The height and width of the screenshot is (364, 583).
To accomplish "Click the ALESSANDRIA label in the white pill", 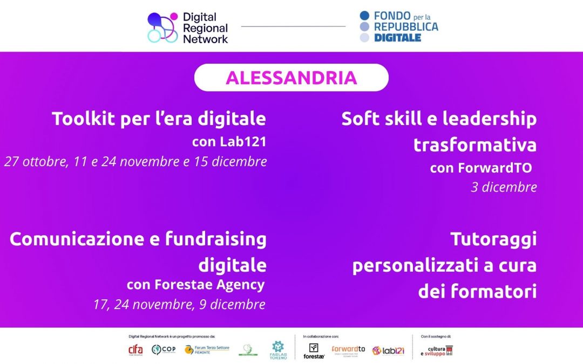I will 291,78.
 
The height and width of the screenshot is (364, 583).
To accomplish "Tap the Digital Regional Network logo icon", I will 162,28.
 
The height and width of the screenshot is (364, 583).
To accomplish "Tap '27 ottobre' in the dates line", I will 33,161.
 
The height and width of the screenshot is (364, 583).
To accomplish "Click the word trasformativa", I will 475,145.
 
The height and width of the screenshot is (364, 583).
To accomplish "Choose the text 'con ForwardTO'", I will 480,168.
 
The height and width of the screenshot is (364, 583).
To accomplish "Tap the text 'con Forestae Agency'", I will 195,284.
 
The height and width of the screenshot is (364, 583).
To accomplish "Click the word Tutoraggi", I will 493,239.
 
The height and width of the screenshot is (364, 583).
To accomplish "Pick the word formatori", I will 498,291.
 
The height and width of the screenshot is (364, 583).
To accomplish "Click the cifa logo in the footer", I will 135,350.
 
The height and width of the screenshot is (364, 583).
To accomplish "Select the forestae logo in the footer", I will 314,351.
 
